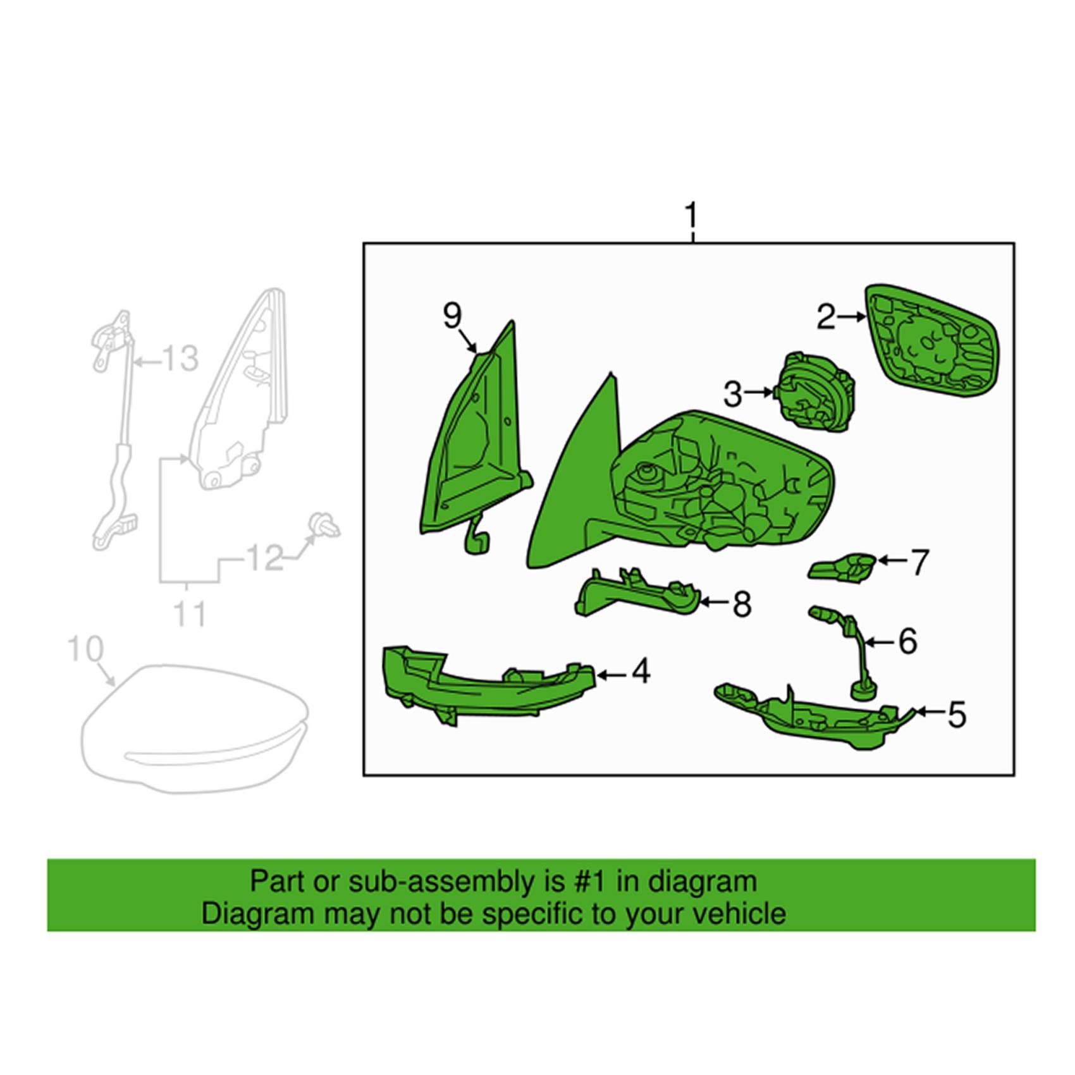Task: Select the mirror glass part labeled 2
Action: (931, 342)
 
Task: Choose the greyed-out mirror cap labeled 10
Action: (196, 727)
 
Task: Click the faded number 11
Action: (189, 613)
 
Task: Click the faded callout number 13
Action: (180, 359)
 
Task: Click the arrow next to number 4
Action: (611, 675)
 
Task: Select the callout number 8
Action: (742, 605)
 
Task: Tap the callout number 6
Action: (908, 642)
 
